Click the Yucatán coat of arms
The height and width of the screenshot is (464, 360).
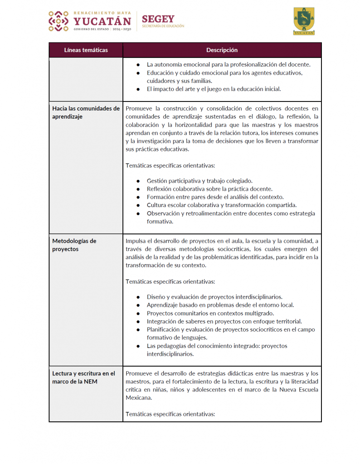click(303, 21)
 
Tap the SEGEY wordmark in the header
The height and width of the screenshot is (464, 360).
click(158, 19)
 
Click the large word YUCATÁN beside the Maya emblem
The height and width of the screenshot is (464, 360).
click(102, 21)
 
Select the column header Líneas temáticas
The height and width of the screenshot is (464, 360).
click(86, 50)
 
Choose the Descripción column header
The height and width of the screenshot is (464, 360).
click(222, 50)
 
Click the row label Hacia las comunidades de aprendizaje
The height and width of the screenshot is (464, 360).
click(86, 112)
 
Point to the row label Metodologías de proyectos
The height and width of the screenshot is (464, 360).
click(74, 245)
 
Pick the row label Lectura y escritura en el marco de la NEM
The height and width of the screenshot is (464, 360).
click(84, 377)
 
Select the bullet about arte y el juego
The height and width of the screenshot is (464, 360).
click(214, 89)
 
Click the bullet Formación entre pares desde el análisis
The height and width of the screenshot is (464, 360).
click(215, 197)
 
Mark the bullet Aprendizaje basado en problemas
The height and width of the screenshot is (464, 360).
click(220, 305)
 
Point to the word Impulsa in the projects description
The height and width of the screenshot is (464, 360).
click(136, 241)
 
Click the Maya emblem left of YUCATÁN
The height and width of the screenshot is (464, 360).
click(58, 21)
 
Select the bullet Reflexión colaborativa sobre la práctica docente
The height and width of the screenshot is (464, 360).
click(209, 188)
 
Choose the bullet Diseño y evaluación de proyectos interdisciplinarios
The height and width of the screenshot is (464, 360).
click(214, 297)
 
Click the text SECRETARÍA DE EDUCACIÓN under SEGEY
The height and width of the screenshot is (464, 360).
click(163, 26)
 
